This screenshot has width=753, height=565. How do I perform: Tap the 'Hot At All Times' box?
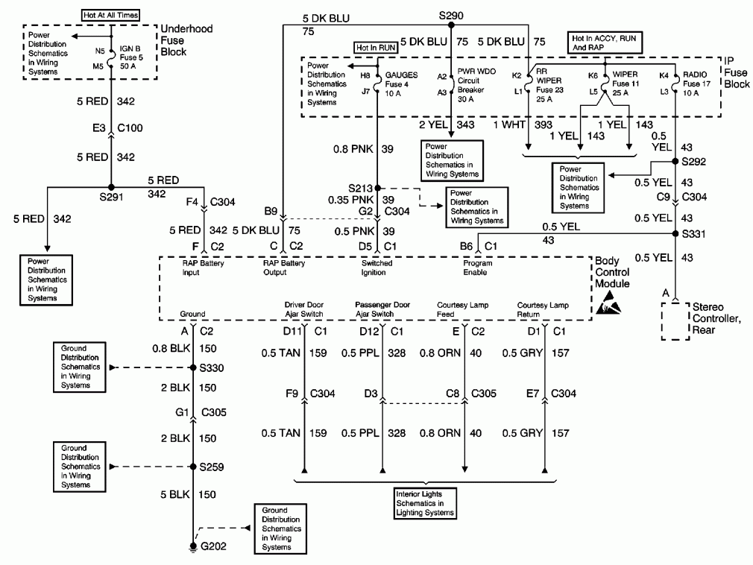point(110,15)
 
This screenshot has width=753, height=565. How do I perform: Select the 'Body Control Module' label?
point(614,274)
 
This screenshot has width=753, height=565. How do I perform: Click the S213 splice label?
point(361,188)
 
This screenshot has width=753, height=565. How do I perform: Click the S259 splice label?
point(212,468)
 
